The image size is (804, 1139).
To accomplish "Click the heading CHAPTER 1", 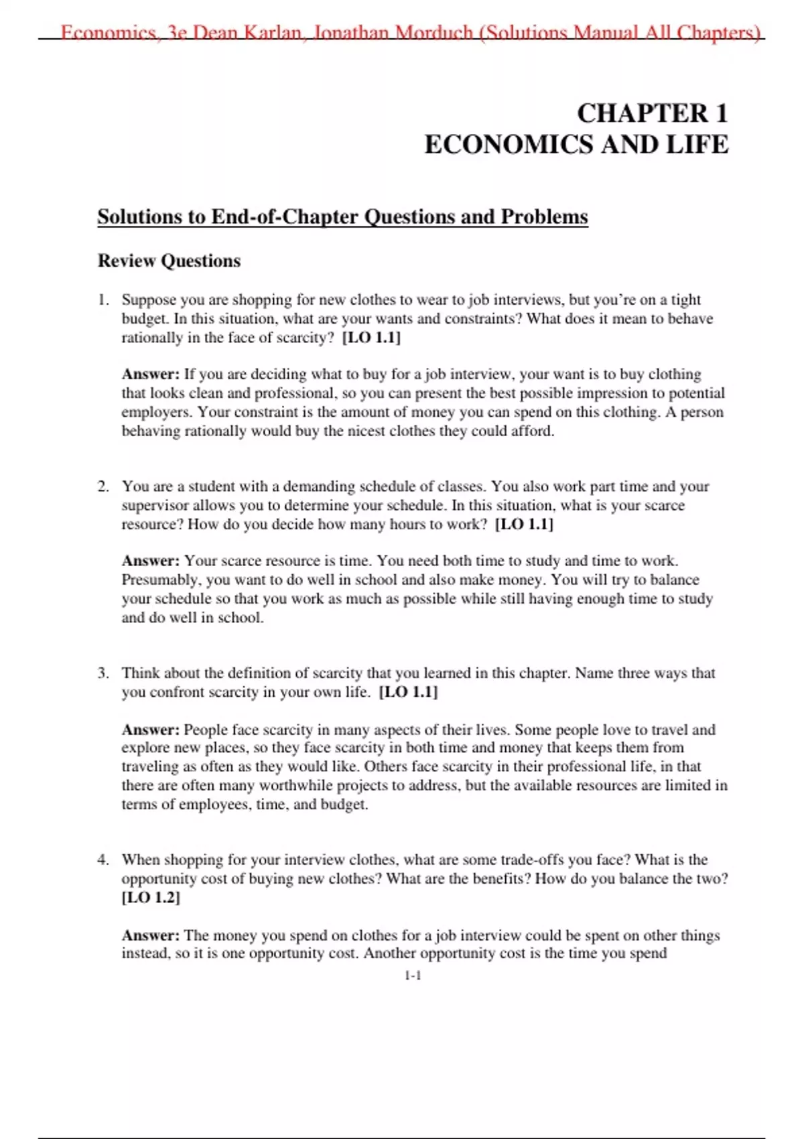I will [x=652, y=113].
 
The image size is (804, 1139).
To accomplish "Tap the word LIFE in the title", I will [x=697, y=145].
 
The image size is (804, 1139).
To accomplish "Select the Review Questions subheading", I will [x=169, y=261].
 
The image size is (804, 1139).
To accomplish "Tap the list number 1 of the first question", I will [x=103, y=299].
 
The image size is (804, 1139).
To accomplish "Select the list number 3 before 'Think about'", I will [x=103, y=673].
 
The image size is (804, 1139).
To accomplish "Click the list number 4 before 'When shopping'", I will [x=103, y=860].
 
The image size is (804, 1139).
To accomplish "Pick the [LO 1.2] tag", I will [x=151, y=898].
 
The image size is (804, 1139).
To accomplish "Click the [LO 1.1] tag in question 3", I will [x=408, y=692].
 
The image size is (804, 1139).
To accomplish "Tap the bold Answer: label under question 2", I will [x=151, y=561].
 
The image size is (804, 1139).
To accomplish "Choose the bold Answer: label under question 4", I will [x=151, y=935].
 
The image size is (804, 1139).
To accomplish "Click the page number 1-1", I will [x=413, y=976].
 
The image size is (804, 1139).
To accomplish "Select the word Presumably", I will [x=161, y=580].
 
